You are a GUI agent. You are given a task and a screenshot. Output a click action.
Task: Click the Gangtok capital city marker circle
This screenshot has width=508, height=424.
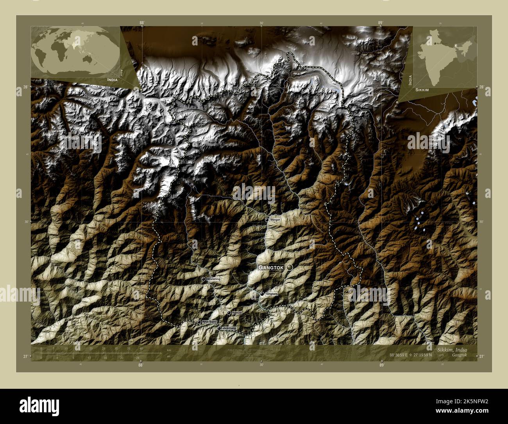point(290,267)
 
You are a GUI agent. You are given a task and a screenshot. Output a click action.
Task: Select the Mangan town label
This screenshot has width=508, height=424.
point(275,220)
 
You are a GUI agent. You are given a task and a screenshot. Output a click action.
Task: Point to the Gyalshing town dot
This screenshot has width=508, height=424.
point(203,279)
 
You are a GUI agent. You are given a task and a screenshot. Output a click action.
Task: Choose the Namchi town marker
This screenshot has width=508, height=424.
point(229,313)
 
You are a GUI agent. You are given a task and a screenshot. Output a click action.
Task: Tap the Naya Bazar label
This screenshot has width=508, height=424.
point(209,322)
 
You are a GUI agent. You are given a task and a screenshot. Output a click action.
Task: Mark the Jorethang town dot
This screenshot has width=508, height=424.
point(219,328)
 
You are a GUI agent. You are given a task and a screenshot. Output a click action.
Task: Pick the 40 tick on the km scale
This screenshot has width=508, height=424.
point(141,348)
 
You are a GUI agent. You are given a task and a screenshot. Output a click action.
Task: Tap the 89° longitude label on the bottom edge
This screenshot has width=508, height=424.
point(381,365)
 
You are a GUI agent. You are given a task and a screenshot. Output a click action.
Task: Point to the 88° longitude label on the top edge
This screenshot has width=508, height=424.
point(141,23)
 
